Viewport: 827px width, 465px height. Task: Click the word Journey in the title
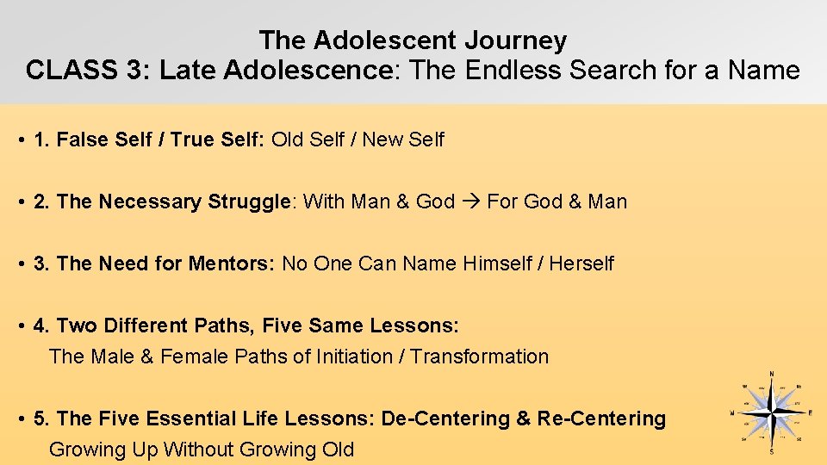515,40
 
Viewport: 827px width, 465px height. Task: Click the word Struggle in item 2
249,201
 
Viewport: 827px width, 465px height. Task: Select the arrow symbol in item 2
470,201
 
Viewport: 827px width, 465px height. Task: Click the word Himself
496,263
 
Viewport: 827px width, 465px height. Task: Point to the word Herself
581,263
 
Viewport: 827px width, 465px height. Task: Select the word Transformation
479,356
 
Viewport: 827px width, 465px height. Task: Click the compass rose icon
771,412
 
